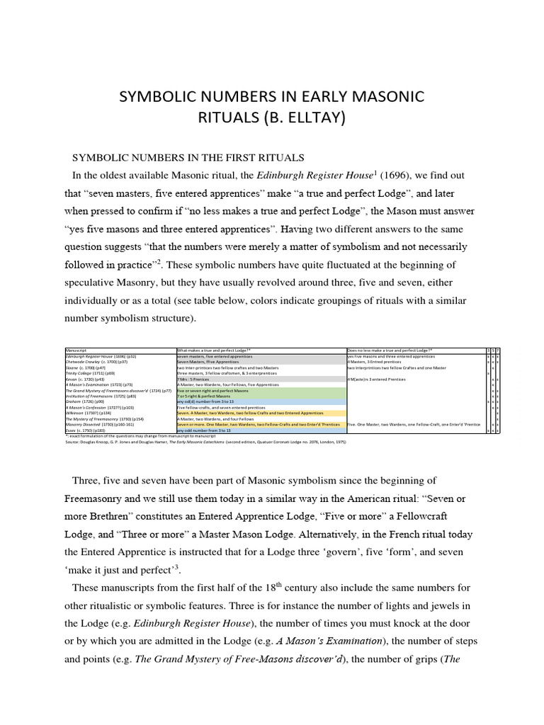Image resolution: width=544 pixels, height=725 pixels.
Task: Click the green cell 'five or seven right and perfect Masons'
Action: [x=212, y=390]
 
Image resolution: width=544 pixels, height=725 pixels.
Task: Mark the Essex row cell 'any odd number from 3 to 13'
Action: [x=205, y=430]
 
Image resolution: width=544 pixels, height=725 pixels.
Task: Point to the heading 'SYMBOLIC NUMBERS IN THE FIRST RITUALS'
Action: [x=189, y=156]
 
